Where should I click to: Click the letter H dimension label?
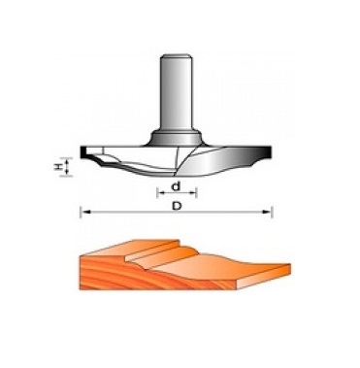point(58,167)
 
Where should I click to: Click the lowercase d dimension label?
point(176,186)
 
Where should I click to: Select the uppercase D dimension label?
point(177,206)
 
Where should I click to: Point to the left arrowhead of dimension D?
point(84,212)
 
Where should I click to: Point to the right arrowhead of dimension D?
point(267,212)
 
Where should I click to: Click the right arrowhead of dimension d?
point(193,193)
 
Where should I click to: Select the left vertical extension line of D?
point(81,212)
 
